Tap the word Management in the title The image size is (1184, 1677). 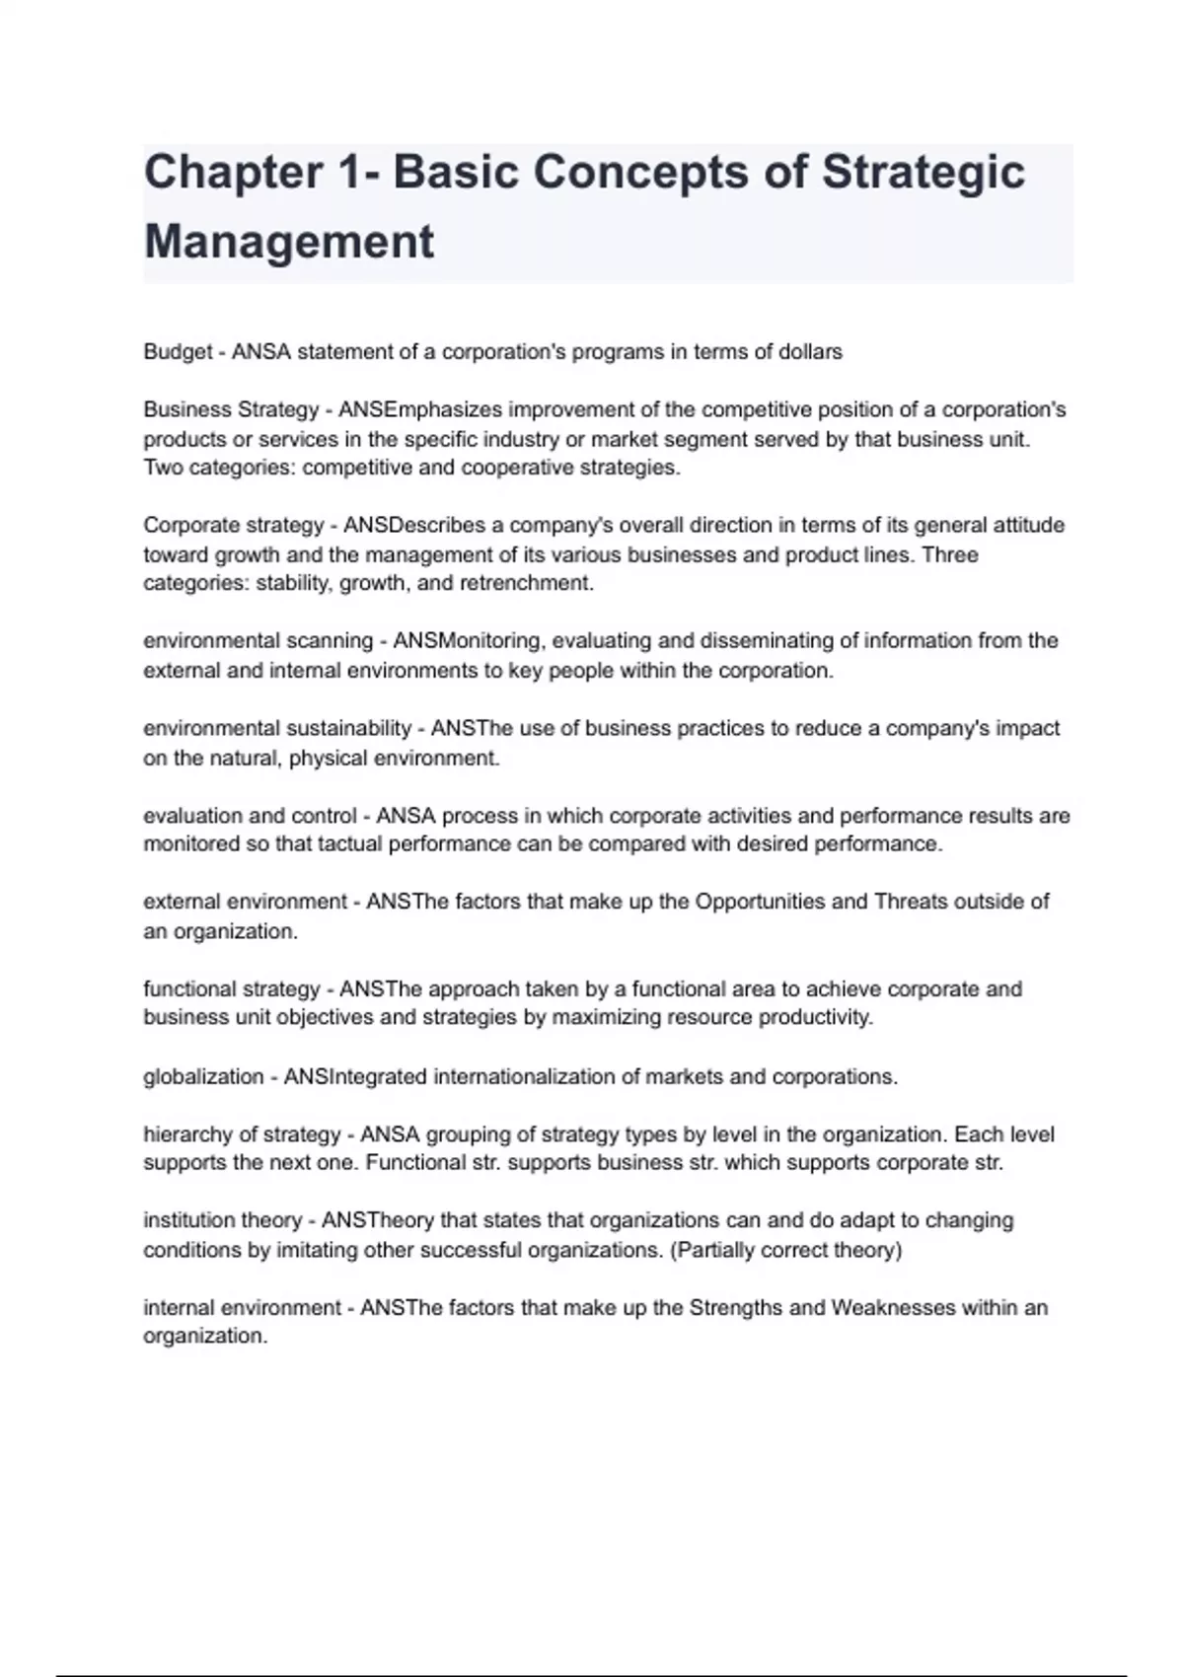pos(289,243)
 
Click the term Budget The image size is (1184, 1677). pos(178,352)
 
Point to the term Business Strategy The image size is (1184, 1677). pos(231,409)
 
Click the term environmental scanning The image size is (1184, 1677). pos(258,641)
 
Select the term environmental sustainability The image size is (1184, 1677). pos(277,729)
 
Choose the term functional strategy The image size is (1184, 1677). pos(232,989)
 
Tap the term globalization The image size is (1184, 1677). pos(203,1077)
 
